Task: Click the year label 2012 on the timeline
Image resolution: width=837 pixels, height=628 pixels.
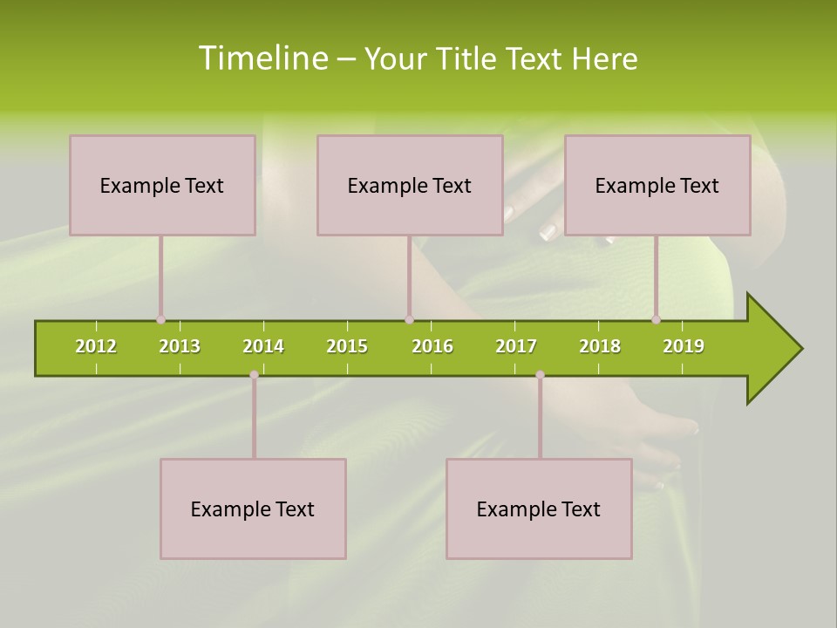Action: coord(96,346)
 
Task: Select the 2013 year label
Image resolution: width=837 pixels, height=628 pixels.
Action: coord(180,346)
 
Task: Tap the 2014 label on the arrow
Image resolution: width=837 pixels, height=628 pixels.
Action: coord(263,346)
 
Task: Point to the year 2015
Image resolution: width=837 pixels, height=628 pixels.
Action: coord(347,346)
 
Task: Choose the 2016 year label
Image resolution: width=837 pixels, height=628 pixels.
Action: coord(432,346)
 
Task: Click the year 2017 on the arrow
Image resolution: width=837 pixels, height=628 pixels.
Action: coord(516,346)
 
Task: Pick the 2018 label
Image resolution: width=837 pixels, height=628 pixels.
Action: coord(600,346)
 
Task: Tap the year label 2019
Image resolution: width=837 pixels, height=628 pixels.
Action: coord(684,346)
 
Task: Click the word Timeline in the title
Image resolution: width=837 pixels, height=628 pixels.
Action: coord(262,58)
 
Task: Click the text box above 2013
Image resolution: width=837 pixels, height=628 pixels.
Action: coord(162,185)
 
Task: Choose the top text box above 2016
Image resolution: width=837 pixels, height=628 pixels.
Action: coord(410,185)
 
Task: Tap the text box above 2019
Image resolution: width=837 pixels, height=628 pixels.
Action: coord(657,185)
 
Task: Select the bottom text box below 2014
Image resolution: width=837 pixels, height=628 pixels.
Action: coord(253,509)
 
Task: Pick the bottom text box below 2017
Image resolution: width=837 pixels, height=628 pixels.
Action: coord(539,509)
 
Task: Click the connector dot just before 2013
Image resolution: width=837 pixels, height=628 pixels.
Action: coord(160,320)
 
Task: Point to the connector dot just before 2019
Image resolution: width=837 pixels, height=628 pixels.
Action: coord(656,320)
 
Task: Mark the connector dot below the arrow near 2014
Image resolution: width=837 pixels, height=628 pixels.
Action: coord(254,375)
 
